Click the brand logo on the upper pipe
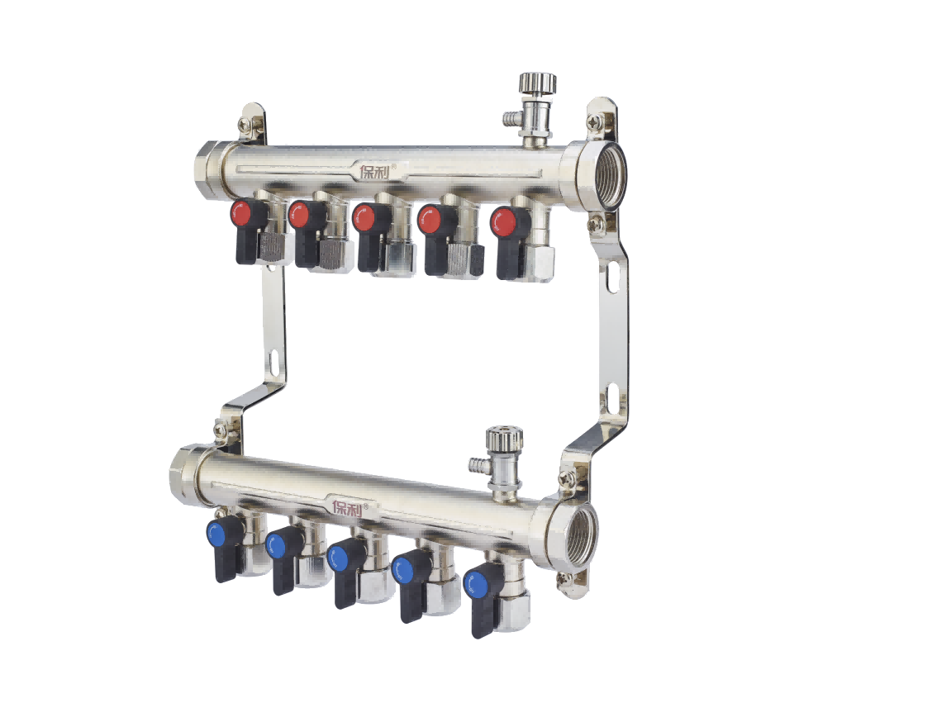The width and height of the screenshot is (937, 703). pyautogui.click(x=378, y=171)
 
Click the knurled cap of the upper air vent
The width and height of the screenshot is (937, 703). pyautogui.click(x=537, y=83)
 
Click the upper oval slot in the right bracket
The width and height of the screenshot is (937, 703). pyautogui.click(x=612, y=277)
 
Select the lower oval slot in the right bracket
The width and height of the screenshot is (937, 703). pyautogui.click(x=614, y=398)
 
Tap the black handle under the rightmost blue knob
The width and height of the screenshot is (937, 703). pyautogui.click(x=481, y=620)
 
